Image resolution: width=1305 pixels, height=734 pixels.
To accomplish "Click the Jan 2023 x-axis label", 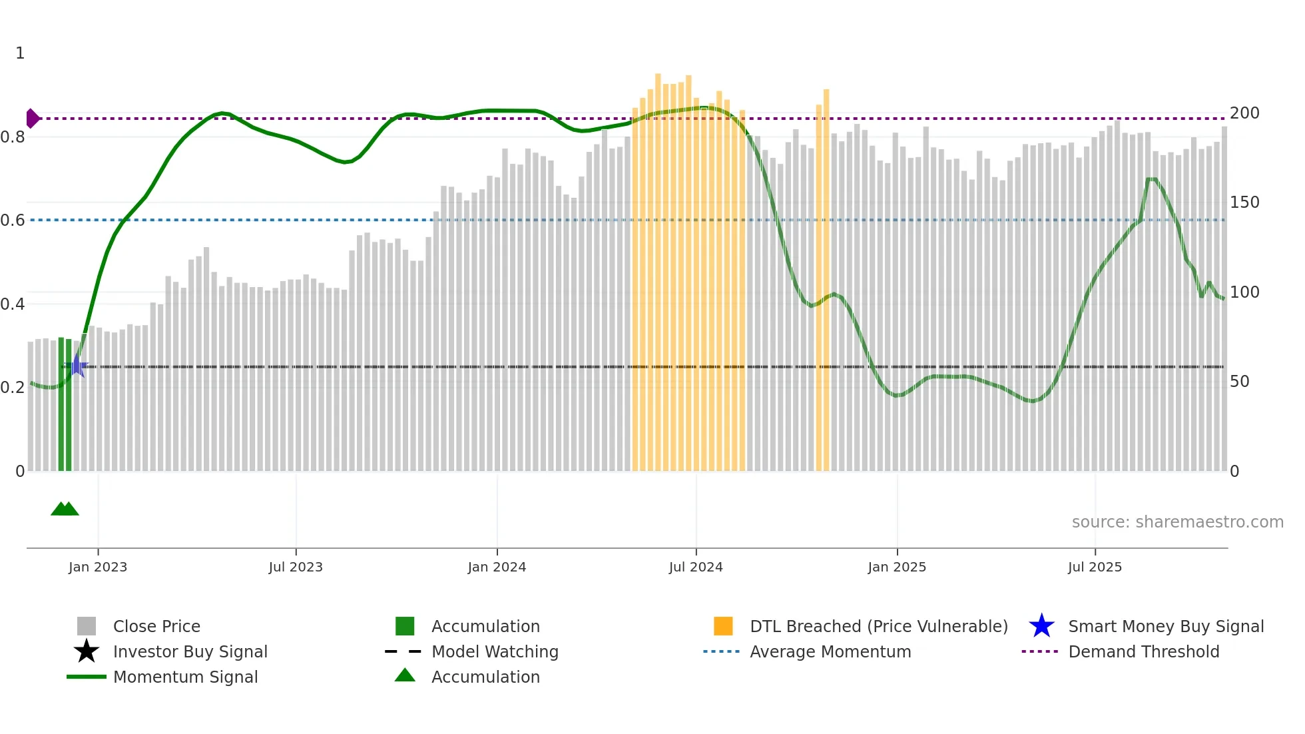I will pyautogui.click(x=98, y=567).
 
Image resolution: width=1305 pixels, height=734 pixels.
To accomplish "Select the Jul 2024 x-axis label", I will pyautogui.click(x=696, y=567).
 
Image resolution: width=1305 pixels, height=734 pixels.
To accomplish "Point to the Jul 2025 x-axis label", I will pyautogui.click(x=1095, y=567).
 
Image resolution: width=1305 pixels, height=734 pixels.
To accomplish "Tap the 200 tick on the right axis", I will pyautogui.click(x=1244, y=113).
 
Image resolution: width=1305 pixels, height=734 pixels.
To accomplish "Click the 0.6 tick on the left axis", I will pyautogui.click(x=13, y=220).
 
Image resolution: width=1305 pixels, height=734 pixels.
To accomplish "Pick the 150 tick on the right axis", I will pyautogui.click(x=1244, y=202).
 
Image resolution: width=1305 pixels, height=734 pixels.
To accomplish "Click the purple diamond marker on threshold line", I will pyautogui.click(x=32, y=119).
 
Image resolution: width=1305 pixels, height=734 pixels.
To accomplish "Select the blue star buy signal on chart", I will pyautogui.click(x=77, y=366).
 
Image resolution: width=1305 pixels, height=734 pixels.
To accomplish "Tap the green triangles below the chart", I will pyautogui.click(x=65, y=509).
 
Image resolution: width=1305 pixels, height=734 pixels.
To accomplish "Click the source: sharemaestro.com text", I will pyautogui.click(x=1177, y=522).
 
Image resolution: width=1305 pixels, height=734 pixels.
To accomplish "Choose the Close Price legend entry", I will pyautogui.click(x=156, y=627).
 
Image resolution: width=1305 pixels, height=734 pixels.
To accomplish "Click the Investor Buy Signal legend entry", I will pyautogui.click(x=190, y=652).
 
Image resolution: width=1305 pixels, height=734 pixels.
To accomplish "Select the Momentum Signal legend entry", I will pyautogui.click(x=185, y=677).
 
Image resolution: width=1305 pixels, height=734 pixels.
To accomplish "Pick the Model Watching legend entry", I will pyautogui.click(x=495, y=652).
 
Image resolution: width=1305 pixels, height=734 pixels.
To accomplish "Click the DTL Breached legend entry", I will pyautogui.click(x=878, y=627).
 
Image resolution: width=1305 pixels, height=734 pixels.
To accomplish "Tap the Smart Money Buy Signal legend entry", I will pyautogui.click(x=1165, y=627).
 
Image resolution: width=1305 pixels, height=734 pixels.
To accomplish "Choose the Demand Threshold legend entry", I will pyautogui.click(x=1143, y=652).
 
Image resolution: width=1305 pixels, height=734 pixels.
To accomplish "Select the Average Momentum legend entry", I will pyautogui.click(x=830, y=652).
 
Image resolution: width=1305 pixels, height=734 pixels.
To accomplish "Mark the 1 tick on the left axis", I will pyautogui.click(x=20, y=53).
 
